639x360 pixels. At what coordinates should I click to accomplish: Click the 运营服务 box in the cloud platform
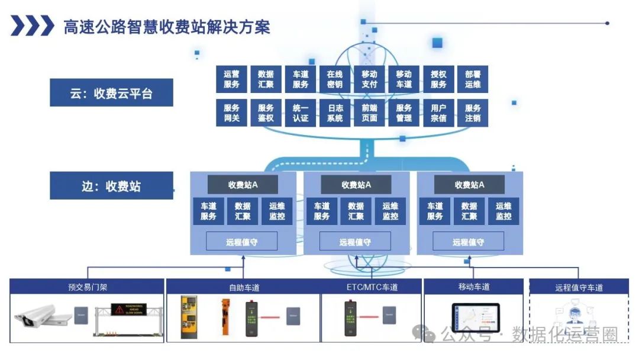[x=232, y=79]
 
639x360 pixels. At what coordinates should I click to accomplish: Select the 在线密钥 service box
[x=335, y=79]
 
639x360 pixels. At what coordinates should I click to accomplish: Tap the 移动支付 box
[x=369, y=79]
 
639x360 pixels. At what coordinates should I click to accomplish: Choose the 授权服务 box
[x=438, y=79]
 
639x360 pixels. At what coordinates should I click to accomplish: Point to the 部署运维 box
[x=473, y=79]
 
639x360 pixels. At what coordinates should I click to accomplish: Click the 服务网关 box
[x=232, y=113]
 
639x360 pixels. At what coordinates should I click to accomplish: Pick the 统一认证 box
[x=301, y=113]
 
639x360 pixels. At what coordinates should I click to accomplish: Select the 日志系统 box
[x=335, y=113]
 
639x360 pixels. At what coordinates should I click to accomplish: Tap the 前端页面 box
[x=369, y=113]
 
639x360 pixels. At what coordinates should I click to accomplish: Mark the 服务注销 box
[x=473, y=113]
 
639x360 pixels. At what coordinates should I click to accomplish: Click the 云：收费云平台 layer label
[x=111, y=93]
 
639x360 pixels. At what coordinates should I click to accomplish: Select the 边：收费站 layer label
[x=111, y=186]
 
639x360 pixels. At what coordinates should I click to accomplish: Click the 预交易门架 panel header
[x=87, y=287]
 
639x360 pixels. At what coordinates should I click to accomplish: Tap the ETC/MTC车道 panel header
[x=372, y=287]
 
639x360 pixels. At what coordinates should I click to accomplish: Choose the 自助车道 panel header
[x=244, y=287]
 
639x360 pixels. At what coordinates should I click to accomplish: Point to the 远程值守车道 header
[x=579, y=287]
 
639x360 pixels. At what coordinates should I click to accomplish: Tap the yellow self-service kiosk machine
[x=191, y=318]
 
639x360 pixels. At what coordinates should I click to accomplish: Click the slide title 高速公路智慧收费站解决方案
[x=167, y=27]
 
